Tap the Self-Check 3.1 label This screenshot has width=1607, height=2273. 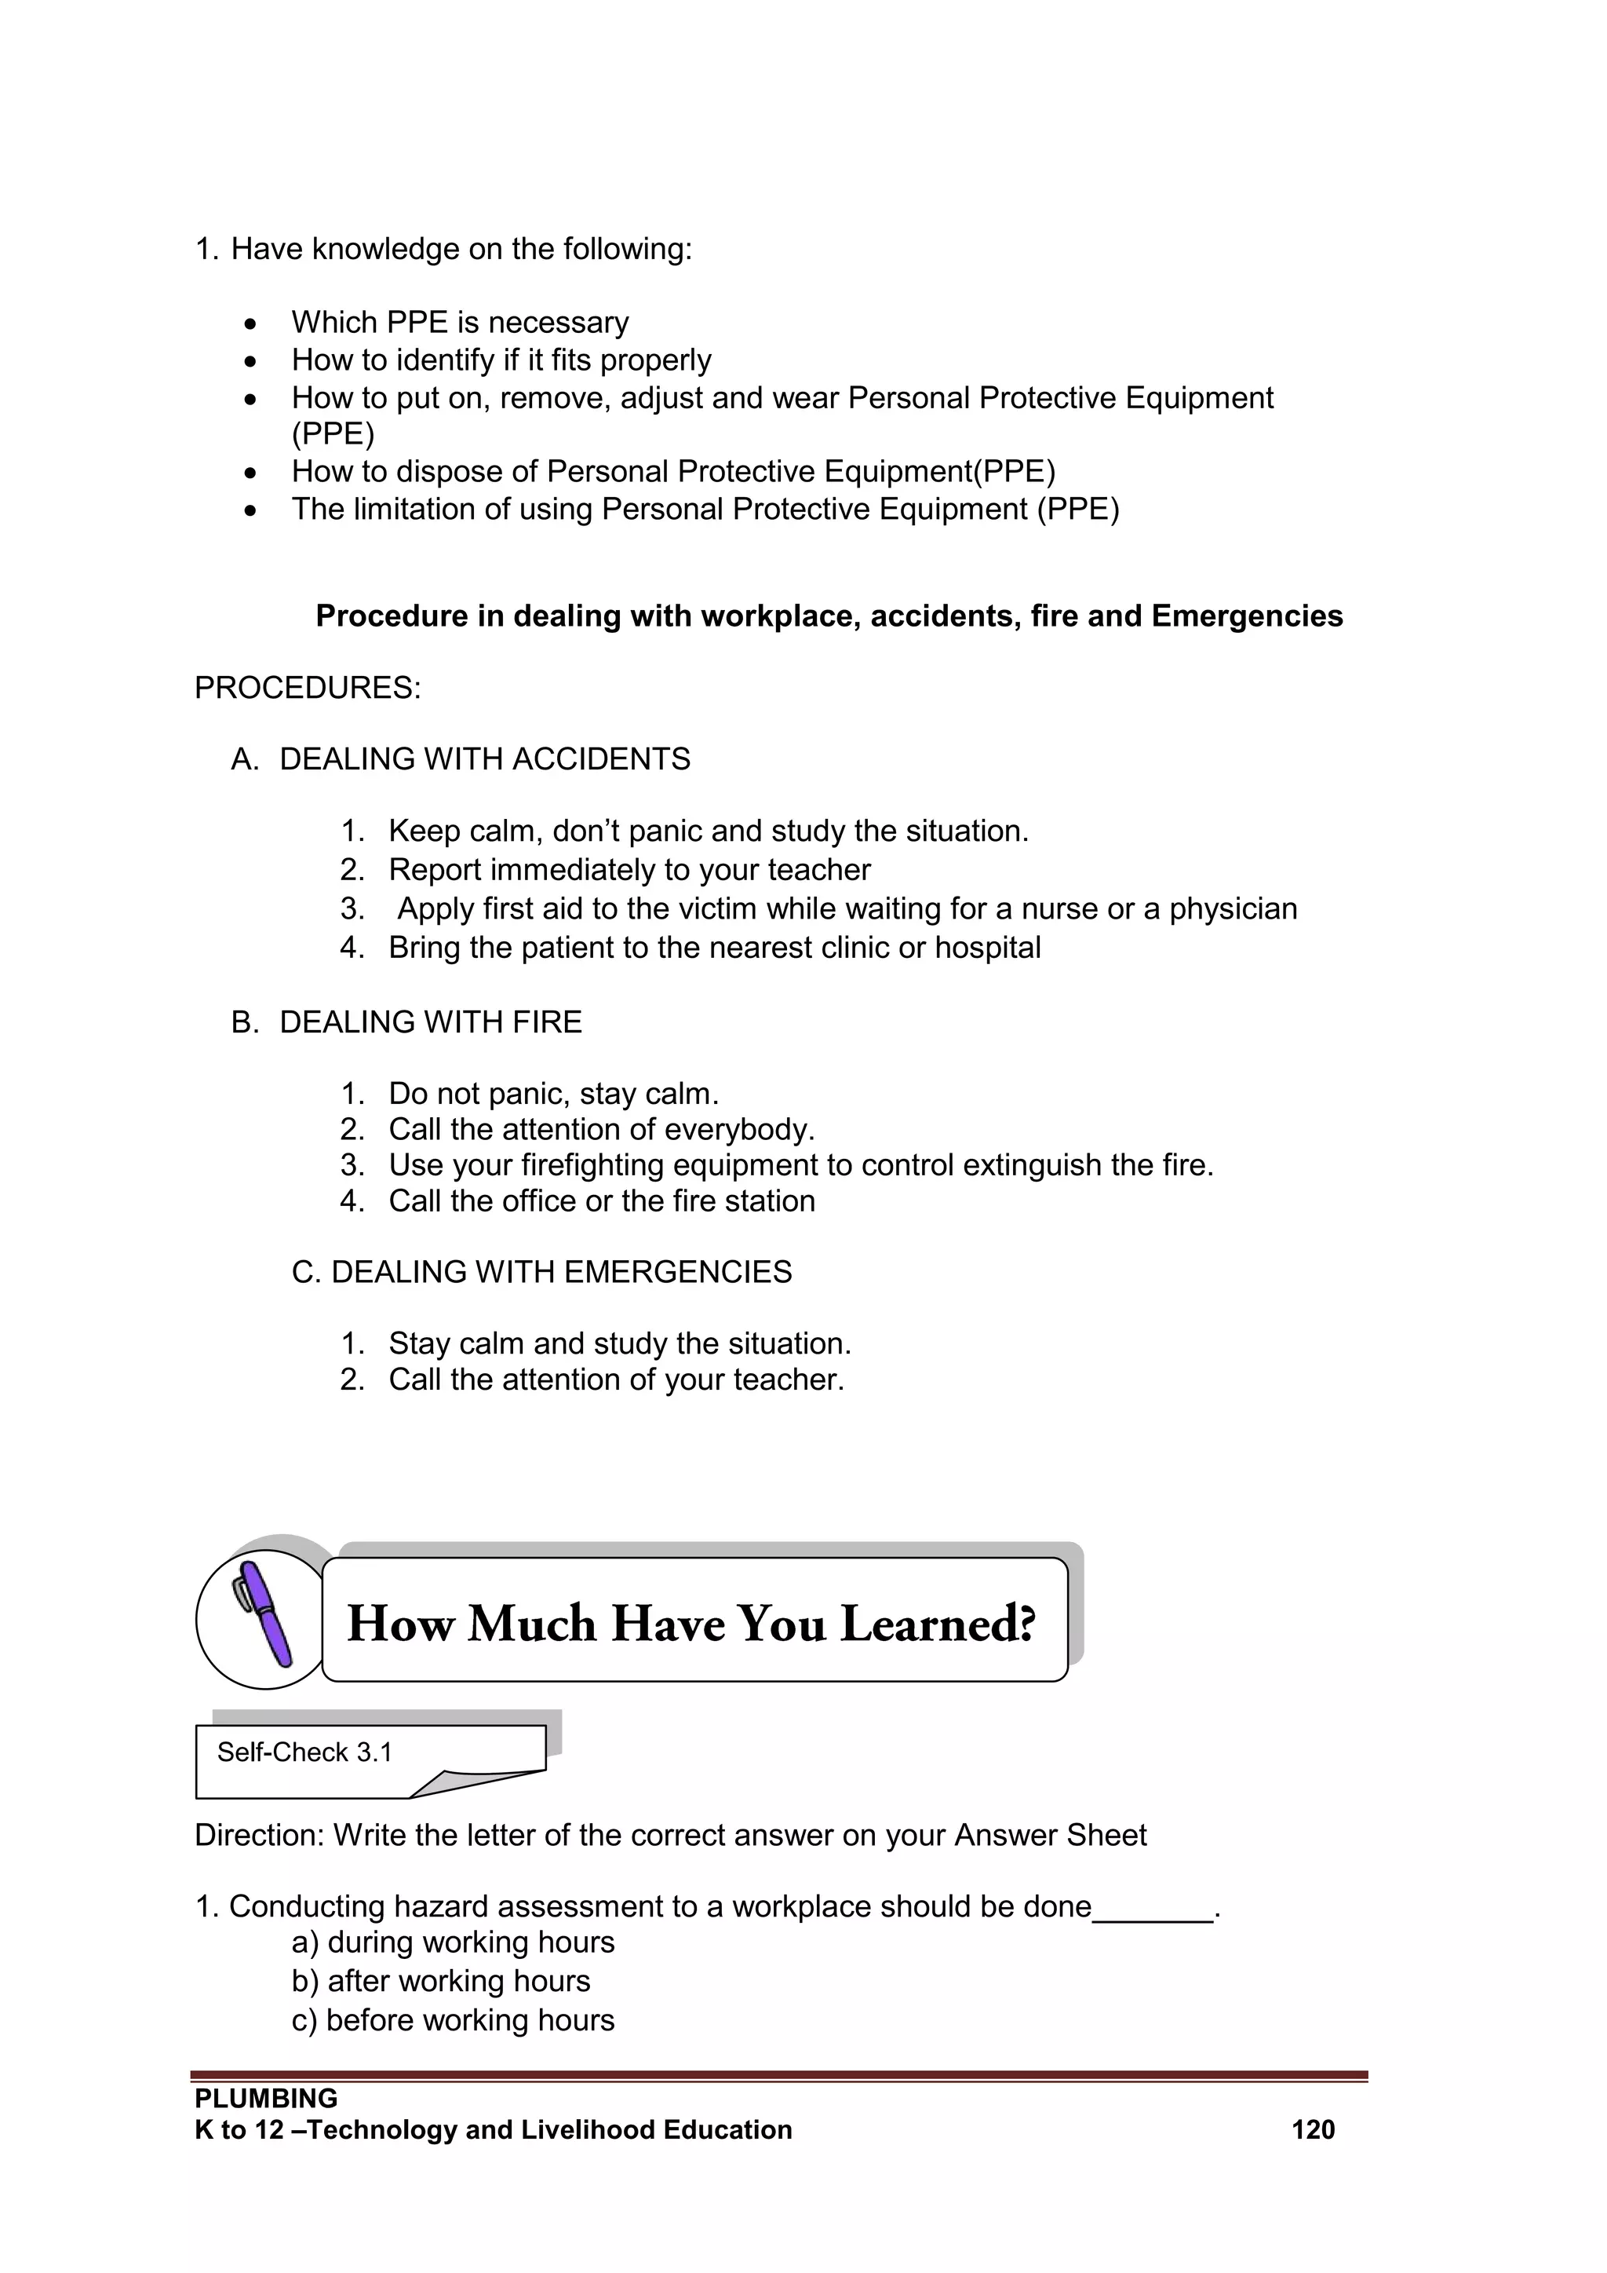304,1752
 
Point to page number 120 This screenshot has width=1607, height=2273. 1312,2129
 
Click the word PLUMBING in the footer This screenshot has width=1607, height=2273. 266,2098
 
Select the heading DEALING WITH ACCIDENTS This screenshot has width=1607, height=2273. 485,759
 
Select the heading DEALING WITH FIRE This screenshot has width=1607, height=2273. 431,1021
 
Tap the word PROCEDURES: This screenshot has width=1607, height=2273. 308,688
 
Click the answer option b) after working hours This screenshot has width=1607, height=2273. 440,1981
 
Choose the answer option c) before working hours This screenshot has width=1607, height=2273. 454,2019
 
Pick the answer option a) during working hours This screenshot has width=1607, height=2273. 454,1942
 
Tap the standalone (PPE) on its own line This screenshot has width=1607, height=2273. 333,433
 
